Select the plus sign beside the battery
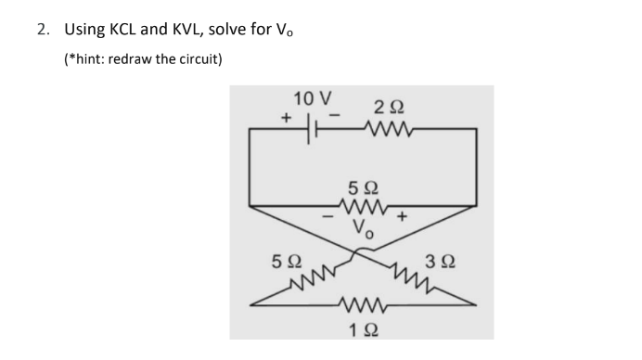(288, 118)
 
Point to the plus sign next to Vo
(402, 220)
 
